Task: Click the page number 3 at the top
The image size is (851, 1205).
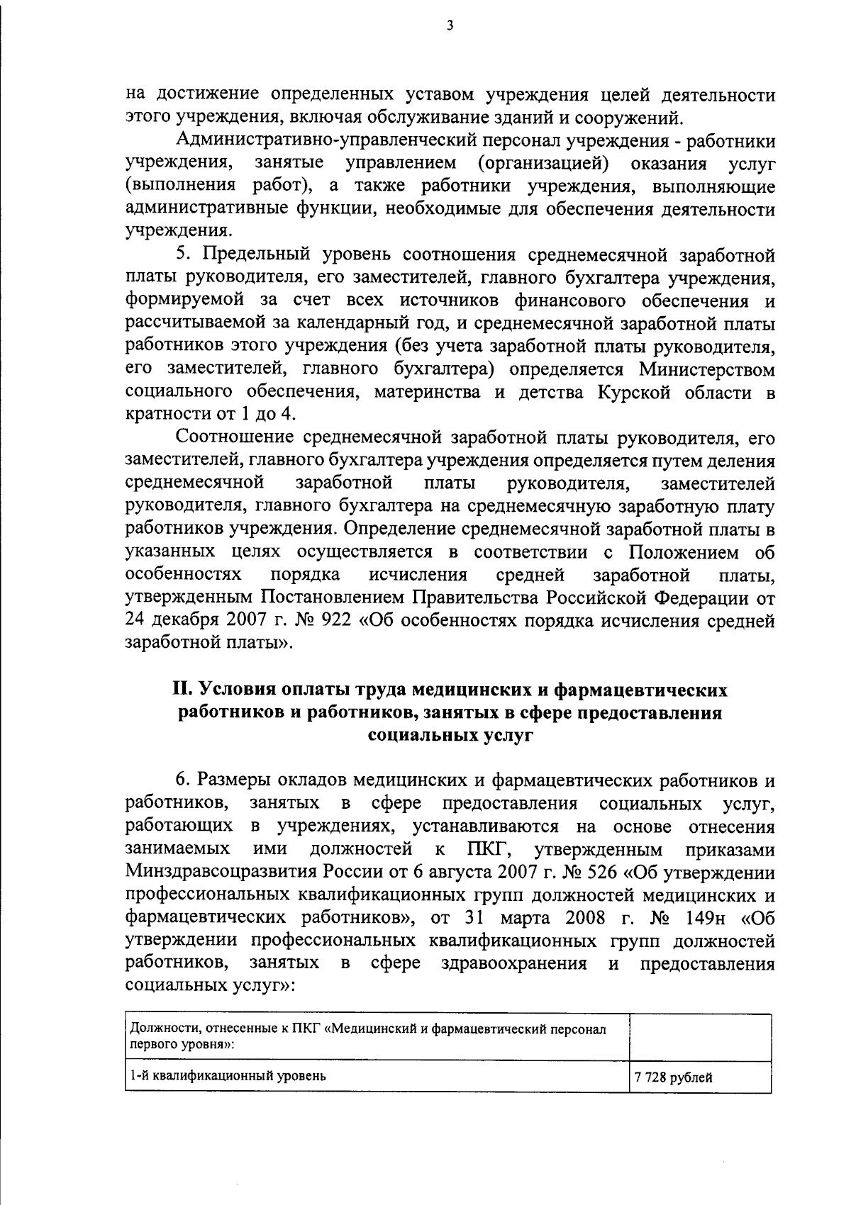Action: click(x=450, y=26)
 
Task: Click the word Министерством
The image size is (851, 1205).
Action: click(x=706, y=369)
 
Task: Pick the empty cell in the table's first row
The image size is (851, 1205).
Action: click(x=699, y=1037)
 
